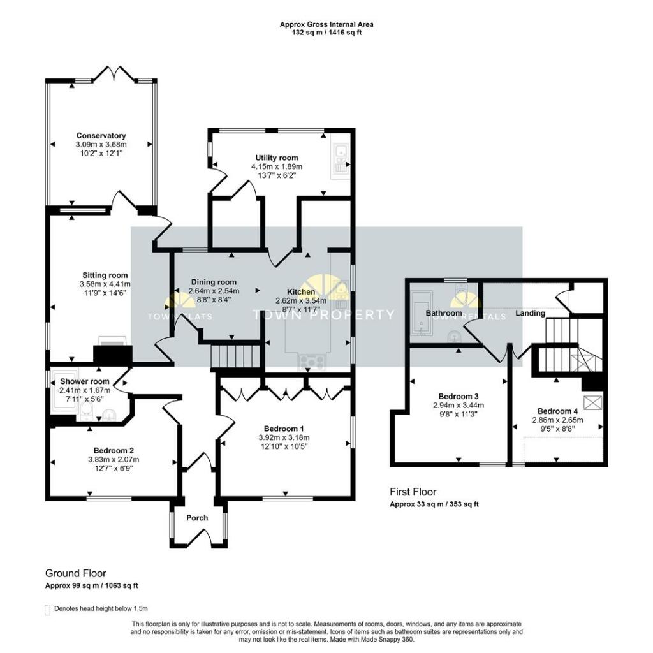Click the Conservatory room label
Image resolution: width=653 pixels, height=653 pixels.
(101, 136)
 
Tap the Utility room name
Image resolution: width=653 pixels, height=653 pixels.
(277, 158)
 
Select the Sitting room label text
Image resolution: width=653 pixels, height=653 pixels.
(105, 275)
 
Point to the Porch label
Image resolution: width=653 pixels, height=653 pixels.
(197, 518)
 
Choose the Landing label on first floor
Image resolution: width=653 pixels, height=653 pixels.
(530, 313)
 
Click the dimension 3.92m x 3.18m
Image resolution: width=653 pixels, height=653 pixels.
(284, 437)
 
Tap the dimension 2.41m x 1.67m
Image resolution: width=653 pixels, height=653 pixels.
(85, 390)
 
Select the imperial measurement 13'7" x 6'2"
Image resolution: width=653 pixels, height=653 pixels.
(277, 175)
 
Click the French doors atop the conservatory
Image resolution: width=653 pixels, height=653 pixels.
(115, 73)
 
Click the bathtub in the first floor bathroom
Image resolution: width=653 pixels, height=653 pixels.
(421, 313)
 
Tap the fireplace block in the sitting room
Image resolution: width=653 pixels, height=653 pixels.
(112, 353)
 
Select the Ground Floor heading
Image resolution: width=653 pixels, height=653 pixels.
(75, 573)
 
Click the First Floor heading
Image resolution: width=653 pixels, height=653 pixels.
(413, 492)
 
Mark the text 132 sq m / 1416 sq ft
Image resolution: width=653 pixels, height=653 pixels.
(326, 33)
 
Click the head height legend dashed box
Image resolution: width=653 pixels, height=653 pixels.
(47, 610)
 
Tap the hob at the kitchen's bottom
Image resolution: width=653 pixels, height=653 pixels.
(311, 362)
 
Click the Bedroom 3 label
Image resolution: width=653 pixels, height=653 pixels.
(459, 397)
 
